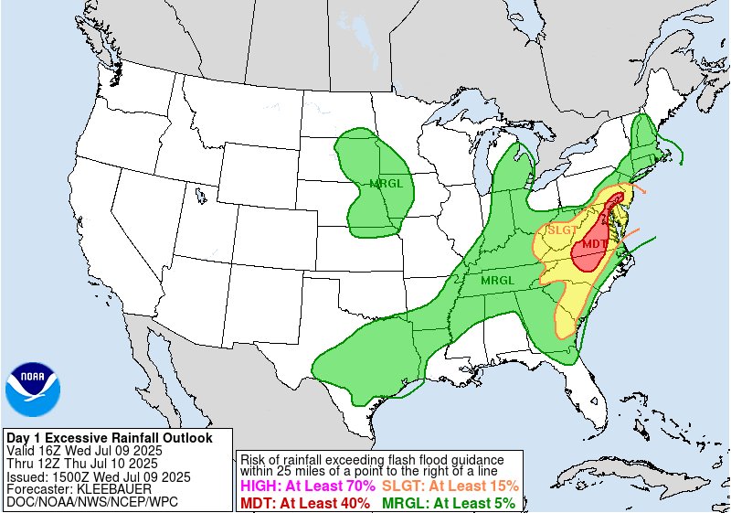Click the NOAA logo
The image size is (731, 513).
pyautogui.click(x=33, y=389)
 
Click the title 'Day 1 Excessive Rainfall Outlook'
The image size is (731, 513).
pyautogui.click(x=109, y=438)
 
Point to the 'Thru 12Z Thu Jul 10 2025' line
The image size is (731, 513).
pyautogui.click(x=81, y=464)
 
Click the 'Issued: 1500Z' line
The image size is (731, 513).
pyautogui.click(x=98, y=476)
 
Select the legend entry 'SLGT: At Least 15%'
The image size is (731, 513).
pyautogui.click(x=450, y=486)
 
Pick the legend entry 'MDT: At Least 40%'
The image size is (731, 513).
pyautogui.click(x=304, y=502)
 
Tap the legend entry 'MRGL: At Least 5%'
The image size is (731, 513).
pyautogui.click(x=448, y=502)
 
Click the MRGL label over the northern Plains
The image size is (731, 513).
pyautogui.click(x=387, y=184)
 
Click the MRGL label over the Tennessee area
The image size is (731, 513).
pyautogui.click(x=498, y=280)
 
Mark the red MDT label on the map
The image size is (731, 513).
pyautogui.click(x=593, y=244)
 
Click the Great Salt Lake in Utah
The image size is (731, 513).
pyautogui.click(x=199, y=195)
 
